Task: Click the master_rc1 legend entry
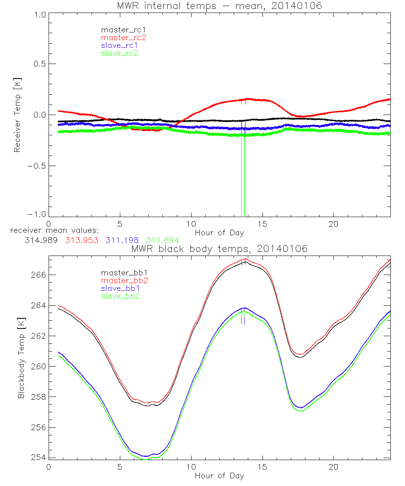[119, 30]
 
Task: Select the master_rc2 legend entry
[123, 37]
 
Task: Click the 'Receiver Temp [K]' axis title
[17, 115]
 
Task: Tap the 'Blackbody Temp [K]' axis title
[21, 357]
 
